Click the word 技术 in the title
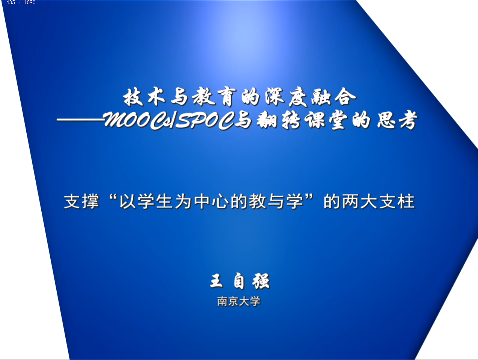tap(144, 97)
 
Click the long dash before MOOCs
tap(80, 120)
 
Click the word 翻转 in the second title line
tap(279, 121)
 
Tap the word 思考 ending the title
tap(397, 121)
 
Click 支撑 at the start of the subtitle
tap(82, 201)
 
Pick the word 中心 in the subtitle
tap(211, 201)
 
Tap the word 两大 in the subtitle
tap(359, 201)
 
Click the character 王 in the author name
tap(217, 281)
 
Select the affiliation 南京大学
tap(239, 302)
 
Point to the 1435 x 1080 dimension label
tap(19, 3)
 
